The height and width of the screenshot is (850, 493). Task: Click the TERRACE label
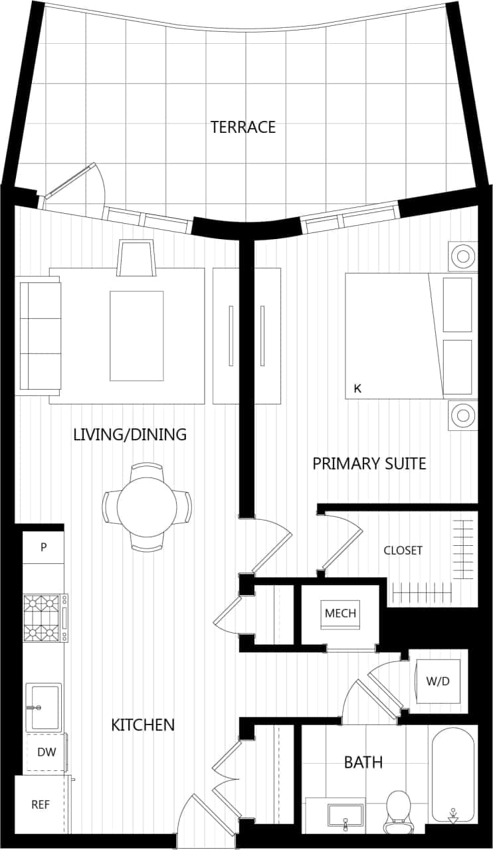point(243,127)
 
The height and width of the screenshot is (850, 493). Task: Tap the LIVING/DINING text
point(130,434)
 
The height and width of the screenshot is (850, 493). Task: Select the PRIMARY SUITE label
point(369,464)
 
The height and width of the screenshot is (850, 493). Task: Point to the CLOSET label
point(403,551)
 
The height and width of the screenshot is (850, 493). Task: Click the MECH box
point(340,613)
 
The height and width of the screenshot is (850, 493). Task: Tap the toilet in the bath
point(399,809)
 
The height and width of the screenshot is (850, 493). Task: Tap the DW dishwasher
point(46,752)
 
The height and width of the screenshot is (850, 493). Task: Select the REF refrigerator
point(41,804)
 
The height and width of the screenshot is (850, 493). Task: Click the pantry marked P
point(43,547)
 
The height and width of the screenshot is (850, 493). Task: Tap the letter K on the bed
point(357,388)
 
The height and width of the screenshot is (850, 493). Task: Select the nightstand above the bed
point(462,255)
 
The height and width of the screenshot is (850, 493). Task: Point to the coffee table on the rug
point(136,335)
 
